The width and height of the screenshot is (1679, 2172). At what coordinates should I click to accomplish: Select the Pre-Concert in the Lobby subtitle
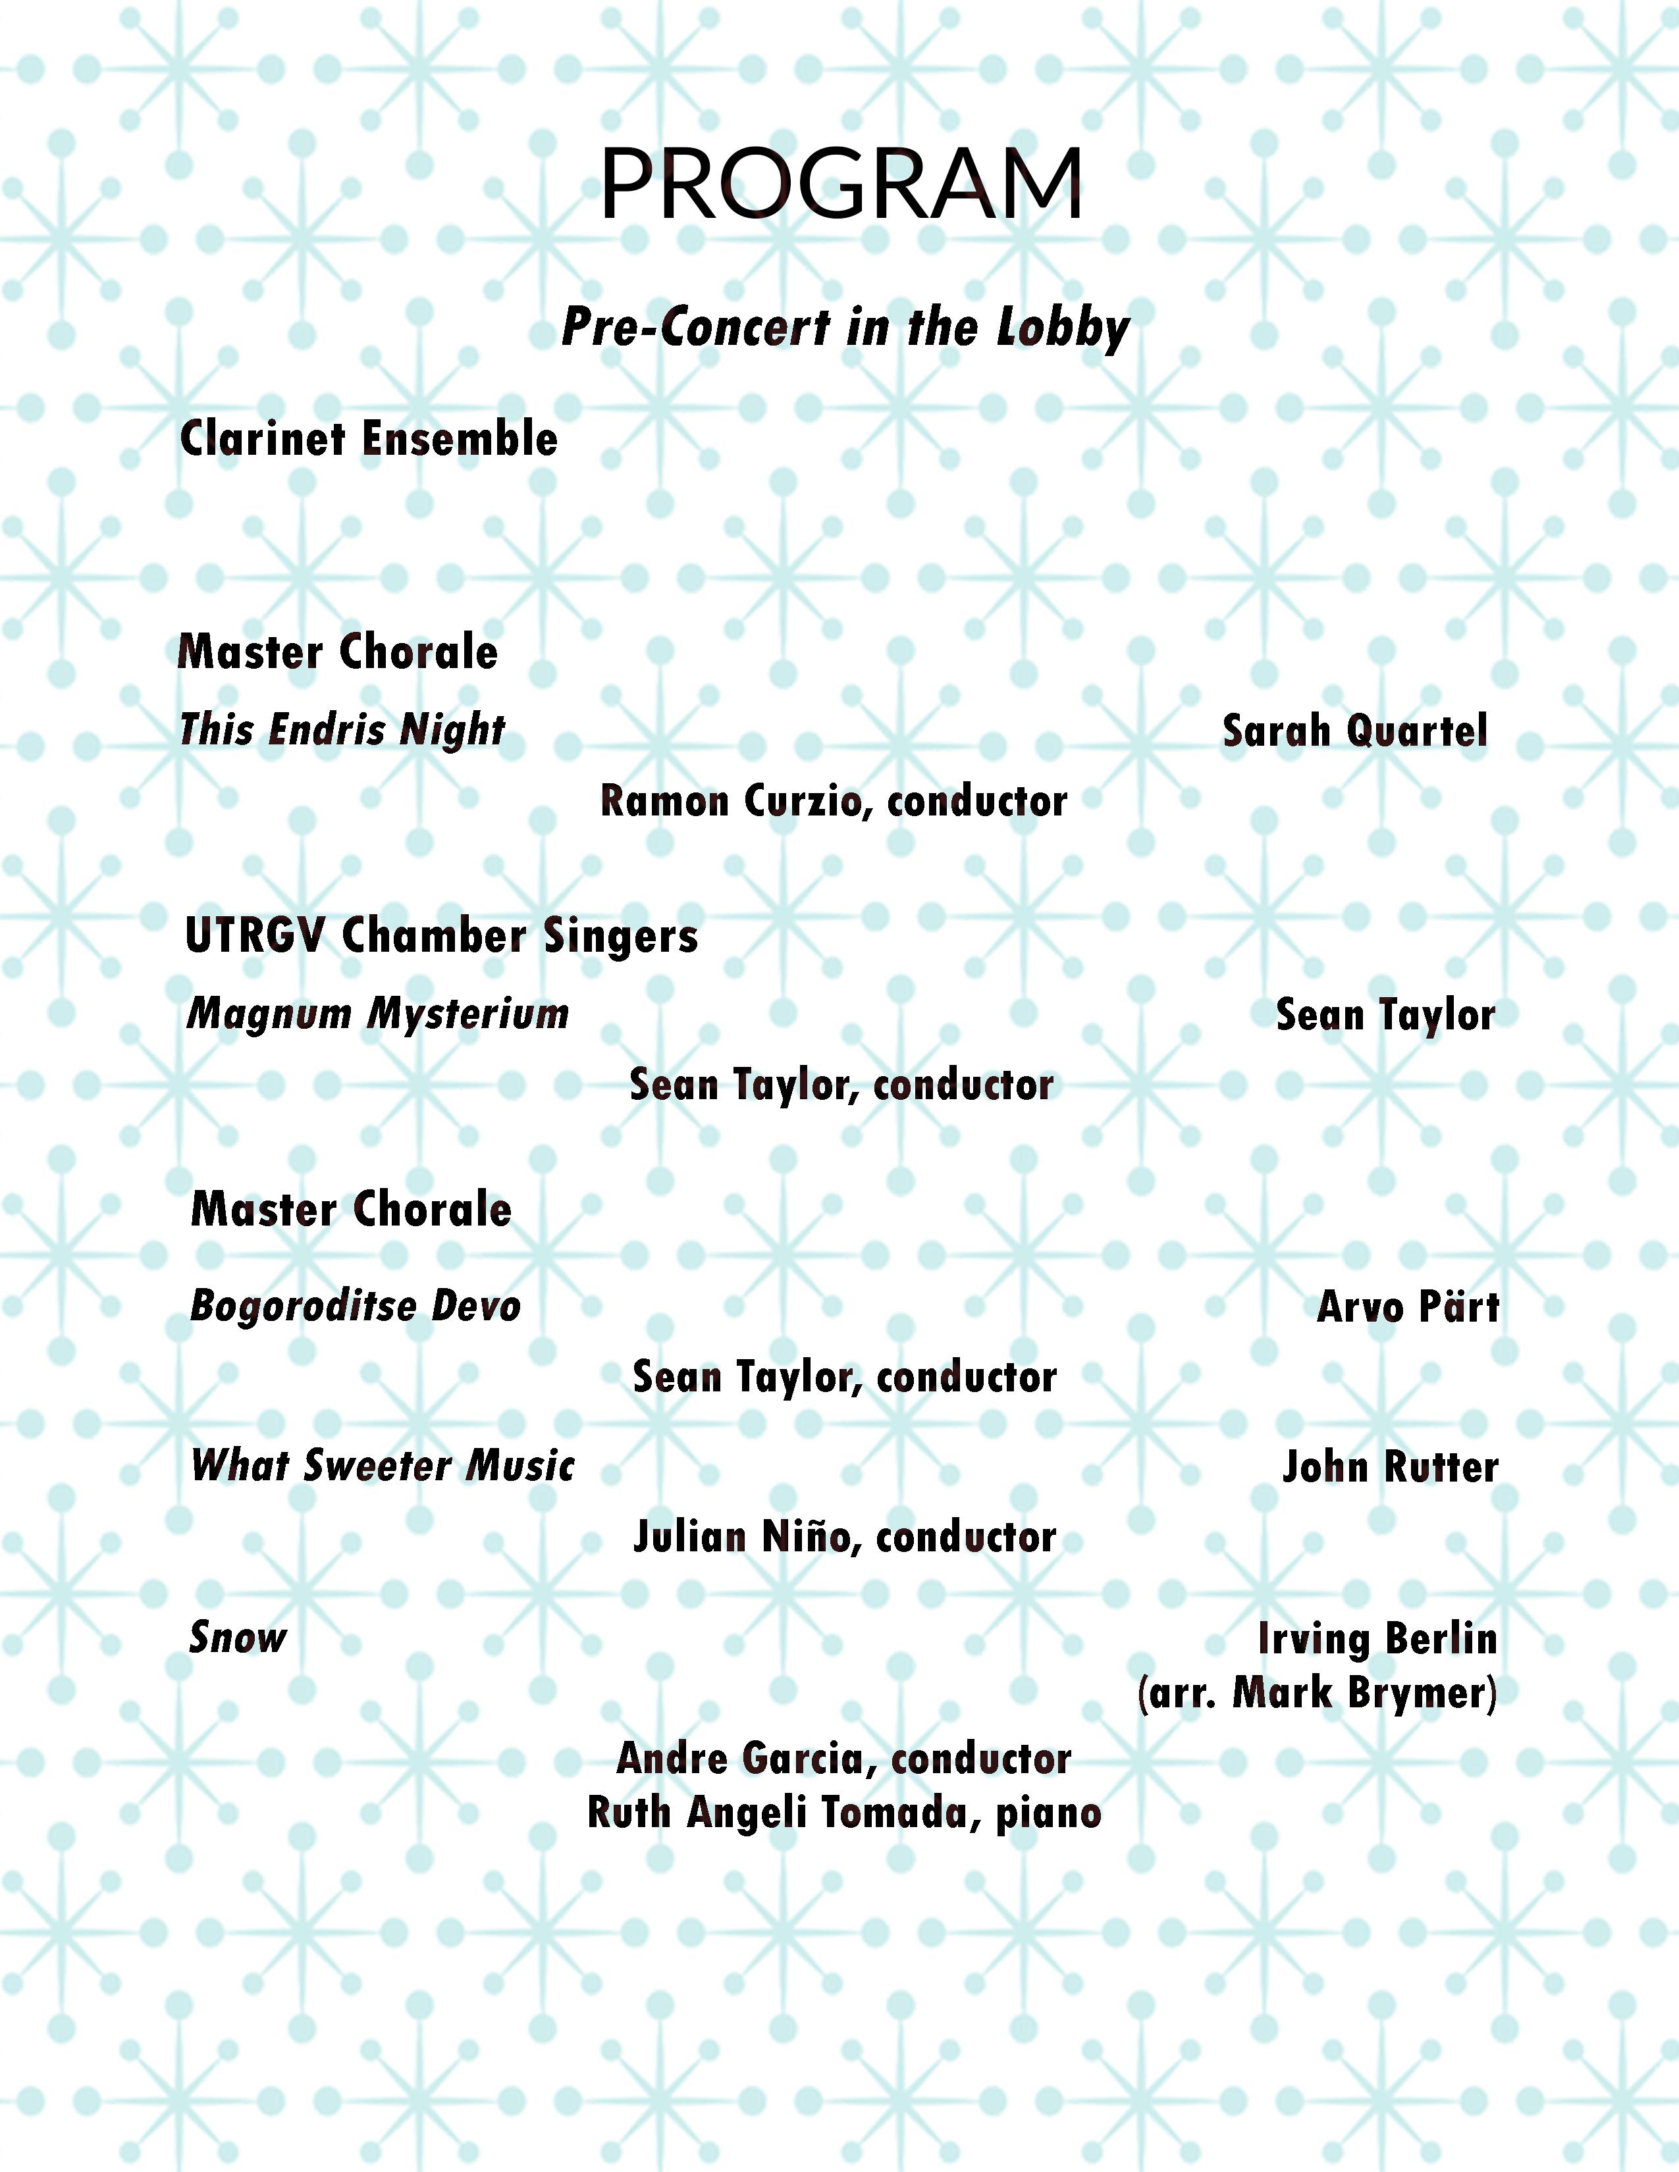(x=845, y=327)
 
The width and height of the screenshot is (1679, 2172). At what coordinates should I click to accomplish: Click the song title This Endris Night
(x=342, y=730)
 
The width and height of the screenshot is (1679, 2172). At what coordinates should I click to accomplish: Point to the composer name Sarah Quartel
(x=1355, y=731)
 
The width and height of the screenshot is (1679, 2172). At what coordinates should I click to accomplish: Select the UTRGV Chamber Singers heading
(x=442, y=936)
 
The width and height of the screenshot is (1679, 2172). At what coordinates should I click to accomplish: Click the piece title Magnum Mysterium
(x=378, y=1014)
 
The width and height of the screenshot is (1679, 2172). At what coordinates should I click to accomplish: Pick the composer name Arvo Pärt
(x=1408, y=1306)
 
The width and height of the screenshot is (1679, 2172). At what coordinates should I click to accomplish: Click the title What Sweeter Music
(x=383, y=1466)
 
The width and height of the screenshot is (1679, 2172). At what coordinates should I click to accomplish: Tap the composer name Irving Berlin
(x=1377, y=1639)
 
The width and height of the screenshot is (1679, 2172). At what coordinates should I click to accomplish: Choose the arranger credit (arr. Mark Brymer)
(x=1317, y=1693)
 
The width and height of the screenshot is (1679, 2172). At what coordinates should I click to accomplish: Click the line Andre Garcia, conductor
(x=843, y=1758)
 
